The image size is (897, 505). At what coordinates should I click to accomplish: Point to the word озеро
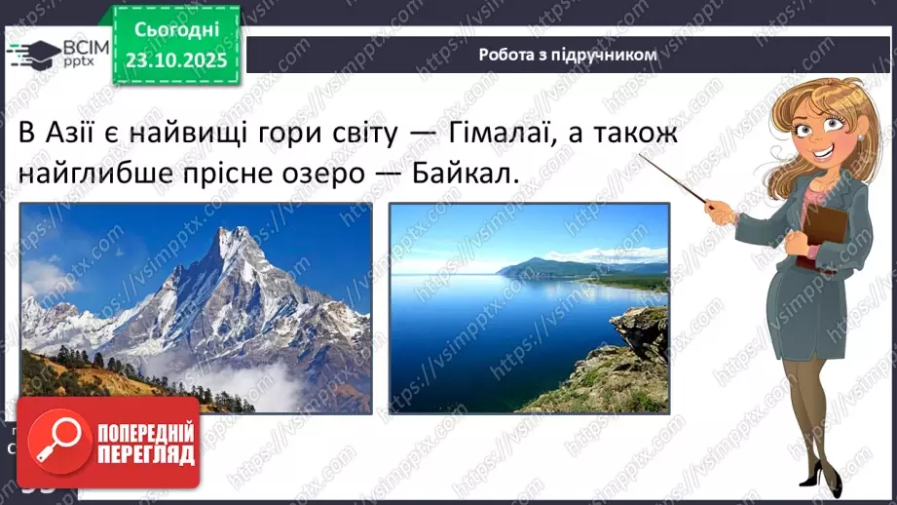coord(342,174)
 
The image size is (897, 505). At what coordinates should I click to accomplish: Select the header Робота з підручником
coord(568,55)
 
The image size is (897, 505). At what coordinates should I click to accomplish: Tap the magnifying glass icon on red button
coord(57,441)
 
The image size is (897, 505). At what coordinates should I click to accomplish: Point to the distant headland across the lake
coord(545,266)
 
